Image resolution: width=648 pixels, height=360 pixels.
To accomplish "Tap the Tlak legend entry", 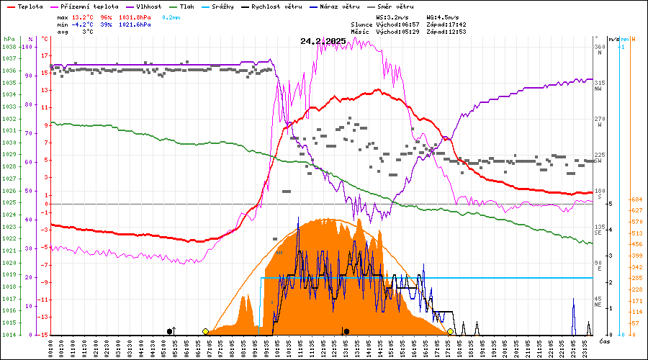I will pos(189,6).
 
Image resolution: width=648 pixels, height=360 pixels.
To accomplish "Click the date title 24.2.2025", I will pos(323,41).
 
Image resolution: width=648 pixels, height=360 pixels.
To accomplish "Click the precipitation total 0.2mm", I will pos(171,16).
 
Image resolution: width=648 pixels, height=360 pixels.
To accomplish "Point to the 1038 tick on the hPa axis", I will pos(9,47).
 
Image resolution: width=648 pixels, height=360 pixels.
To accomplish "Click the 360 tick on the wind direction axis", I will pos(598,47).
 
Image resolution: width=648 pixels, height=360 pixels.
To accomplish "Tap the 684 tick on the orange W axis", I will pos(636,199).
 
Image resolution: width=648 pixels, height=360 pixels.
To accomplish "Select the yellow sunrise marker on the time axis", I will pos(206,331).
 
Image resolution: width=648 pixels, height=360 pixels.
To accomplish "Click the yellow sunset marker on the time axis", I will pos(451,331).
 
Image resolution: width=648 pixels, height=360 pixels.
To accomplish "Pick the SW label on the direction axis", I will pos(598,161).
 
